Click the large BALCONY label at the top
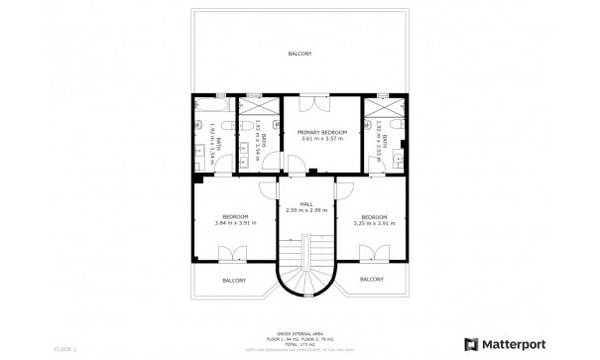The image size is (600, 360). [299, 53]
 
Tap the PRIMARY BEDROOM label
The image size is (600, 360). [321, 132]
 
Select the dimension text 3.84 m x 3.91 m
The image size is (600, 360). [234, 222]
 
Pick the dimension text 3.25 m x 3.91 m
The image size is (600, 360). [373, 222]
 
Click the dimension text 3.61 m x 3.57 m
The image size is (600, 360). [321, 139]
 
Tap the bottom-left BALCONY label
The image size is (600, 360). [234, 281]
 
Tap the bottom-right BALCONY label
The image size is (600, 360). [372, 280]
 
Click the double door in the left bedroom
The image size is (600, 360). [235, 252]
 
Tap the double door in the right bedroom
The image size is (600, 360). [372, 252]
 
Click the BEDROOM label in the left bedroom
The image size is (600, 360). [234, 216]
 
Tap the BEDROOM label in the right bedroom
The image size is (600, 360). [373, 216]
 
